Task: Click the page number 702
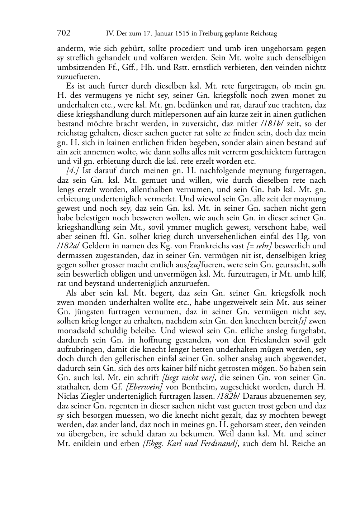click(63, 33)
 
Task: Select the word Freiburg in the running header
click(209, 34)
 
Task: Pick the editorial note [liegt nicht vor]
click(189, 378)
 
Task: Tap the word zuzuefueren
click(79, 77)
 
